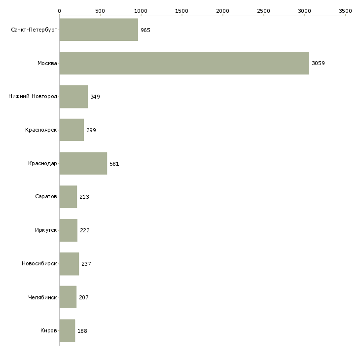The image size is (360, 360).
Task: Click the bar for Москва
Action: click(184, 63)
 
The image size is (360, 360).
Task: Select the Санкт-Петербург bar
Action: click(99, 30)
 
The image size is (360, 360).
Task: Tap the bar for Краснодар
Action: click(83, 163)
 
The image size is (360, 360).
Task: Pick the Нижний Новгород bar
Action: click(73, 97)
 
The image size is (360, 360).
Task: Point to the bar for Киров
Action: click(67, 330)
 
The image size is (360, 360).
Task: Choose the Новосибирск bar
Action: click(69, 264)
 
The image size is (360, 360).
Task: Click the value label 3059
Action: click(318, 63)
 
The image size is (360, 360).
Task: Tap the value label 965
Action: click(145, 30)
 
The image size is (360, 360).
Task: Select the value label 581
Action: click(114, 164)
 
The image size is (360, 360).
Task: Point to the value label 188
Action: click(82, 331)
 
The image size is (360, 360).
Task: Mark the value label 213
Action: click(84, 197)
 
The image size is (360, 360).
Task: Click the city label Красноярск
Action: click(41, 130)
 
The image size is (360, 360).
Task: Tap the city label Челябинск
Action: click(42, 297)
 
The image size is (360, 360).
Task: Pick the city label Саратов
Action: click(46, 197)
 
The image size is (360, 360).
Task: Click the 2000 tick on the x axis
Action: click(222, 10)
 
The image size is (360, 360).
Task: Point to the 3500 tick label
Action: click(345, 10)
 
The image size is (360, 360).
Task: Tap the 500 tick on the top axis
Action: click(100, 10)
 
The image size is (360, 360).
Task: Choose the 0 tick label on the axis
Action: click(59, 10)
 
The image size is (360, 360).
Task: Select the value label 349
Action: click(95, 97)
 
